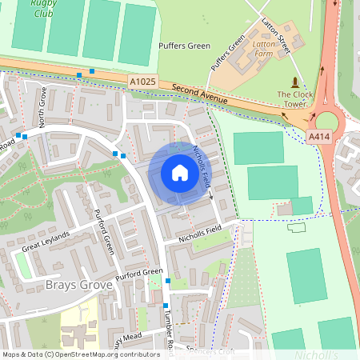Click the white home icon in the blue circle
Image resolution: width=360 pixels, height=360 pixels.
[180, 173]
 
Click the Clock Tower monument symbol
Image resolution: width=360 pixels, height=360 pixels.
[296, 82]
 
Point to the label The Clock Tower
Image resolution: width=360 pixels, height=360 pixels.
[292, 99]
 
